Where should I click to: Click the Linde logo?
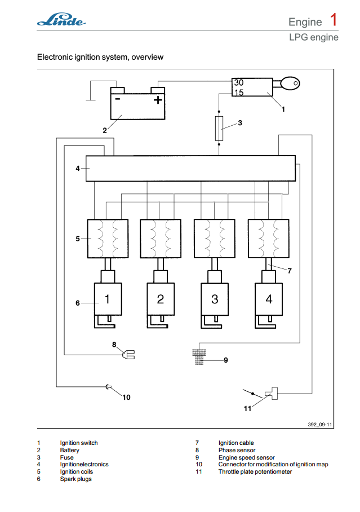61,21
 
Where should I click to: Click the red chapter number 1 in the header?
334,20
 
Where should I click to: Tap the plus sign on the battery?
158,100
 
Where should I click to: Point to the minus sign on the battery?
118,99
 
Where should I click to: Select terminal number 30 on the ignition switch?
239,82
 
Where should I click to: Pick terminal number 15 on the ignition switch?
239,92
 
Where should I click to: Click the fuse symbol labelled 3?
220,128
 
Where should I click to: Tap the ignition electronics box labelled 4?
190,168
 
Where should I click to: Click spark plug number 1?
107,299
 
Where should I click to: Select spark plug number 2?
161,299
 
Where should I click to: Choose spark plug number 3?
215,299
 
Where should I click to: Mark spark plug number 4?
269,299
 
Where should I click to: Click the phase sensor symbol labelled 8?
129,355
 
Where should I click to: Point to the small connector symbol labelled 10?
109,387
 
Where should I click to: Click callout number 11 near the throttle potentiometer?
247,409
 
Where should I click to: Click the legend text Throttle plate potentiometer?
255,471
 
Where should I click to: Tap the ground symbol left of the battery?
90,100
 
